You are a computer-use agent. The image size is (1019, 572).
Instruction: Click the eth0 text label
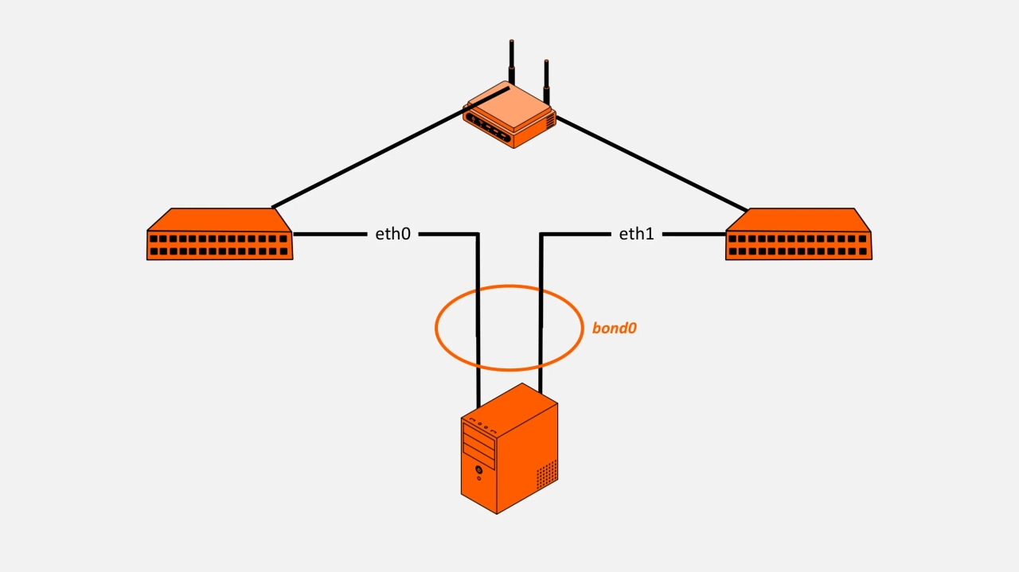tap(392, 234)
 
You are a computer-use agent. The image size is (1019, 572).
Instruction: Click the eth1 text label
tap(636, 234)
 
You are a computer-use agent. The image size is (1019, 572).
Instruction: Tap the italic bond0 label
tap(614, 327)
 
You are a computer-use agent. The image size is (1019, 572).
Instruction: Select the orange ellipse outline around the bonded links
tap(436, 327)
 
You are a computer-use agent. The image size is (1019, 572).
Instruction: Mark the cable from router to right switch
tap(653, 162)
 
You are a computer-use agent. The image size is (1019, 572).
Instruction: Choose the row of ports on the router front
tap(489, 127)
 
